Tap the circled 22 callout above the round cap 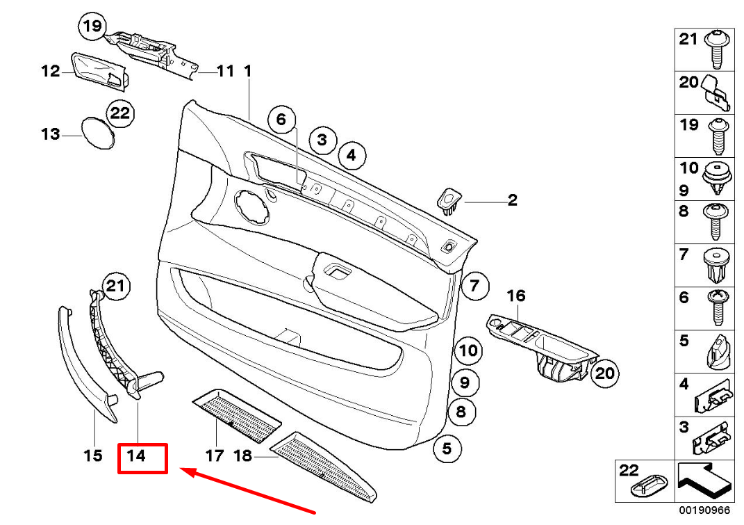point(120,113)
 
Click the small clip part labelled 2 point(449,200)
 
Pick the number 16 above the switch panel point(516,296)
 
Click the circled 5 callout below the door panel point(447,449)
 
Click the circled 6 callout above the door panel point(281,120)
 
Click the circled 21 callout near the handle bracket point(117,285)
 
